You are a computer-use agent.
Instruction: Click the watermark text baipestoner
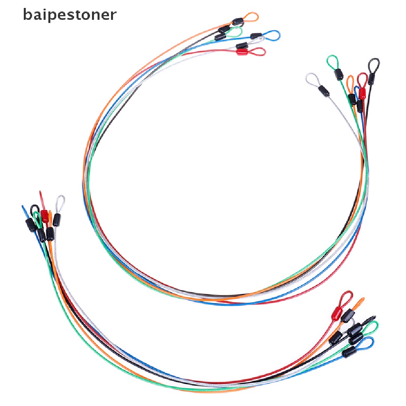point(70,15)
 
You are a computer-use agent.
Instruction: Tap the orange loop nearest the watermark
point(251,17)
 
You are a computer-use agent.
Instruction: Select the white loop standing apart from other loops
point(312,79)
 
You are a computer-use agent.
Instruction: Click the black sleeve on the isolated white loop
point(324,90)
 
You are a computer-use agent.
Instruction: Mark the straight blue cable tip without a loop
point(23,209)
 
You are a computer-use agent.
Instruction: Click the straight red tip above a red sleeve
point(41,197)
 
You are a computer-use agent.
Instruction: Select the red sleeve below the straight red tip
point(44,216)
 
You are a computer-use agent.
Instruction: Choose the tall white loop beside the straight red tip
point(60,202)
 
